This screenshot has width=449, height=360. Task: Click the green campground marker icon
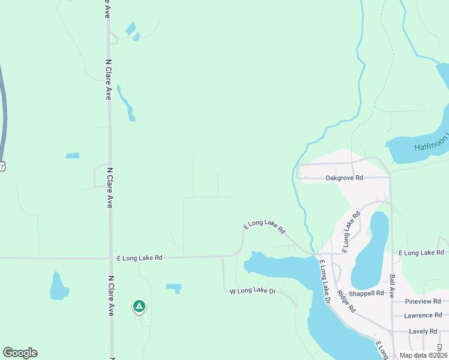139,307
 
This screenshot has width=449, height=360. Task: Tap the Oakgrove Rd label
344,178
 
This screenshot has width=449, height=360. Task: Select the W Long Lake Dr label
253,291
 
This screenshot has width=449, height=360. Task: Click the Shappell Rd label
366,293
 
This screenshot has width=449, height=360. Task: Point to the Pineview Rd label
423,301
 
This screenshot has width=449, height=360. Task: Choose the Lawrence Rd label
423,316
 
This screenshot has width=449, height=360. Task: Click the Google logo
20,353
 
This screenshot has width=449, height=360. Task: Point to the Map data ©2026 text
424,355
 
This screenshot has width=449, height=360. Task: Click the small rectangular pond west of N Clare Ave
72,156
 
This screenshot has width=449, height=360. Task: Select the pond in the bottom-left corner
59,287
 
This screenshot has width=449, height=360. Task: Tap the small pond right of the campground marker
174,287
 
